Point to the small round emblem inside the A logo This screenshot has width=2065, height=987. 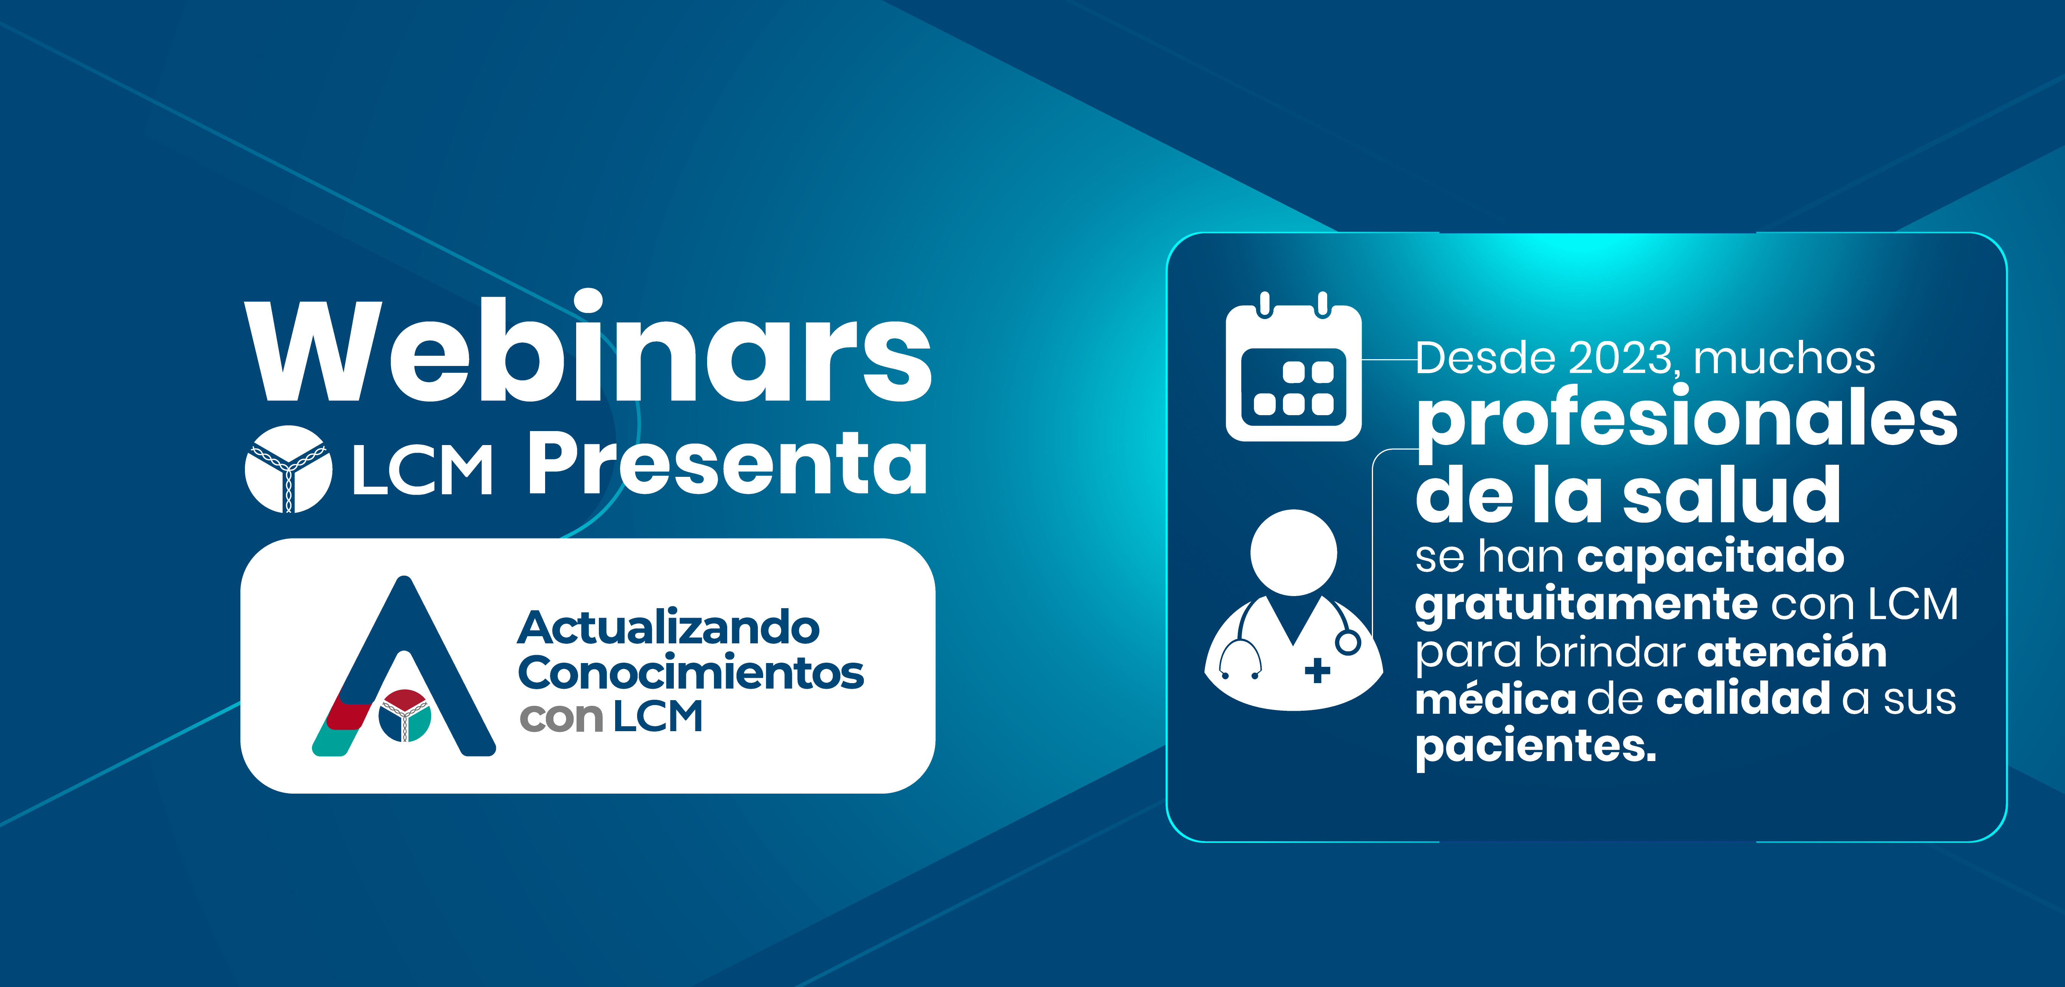point(405,715)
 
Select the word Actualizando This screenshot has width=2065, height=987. point(669,627)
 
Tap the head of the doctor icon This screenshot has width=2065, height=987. point(1294,553)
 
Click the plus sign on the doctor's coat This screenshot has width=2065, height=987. point(1317,671)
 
